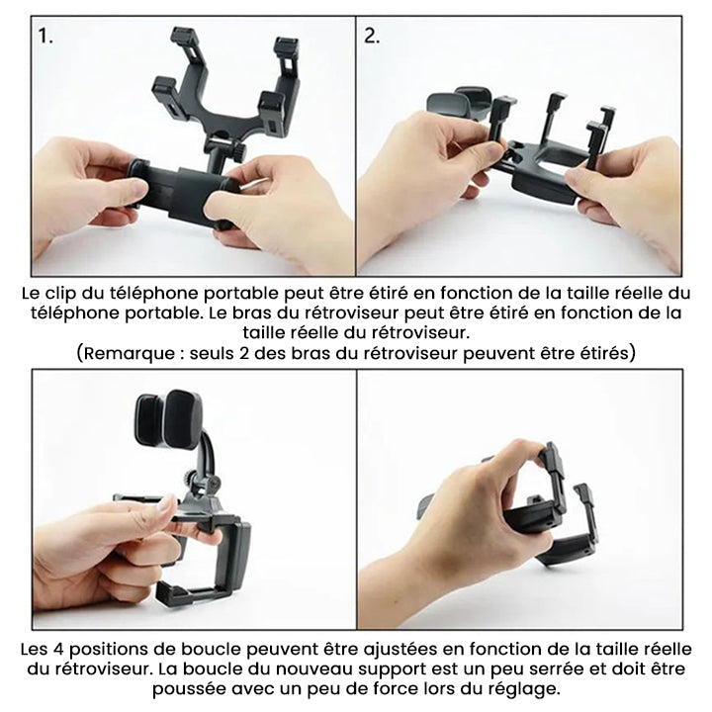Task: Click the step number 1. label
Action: (x=45, y=37)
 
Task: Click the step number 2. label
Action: (x=372, y=37)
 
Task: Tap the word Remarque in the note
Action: (x=129, y=353)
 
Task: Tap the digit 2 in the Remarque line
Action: (x=242, y=353)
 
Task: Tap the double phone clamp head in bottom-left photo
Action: (x=168, y=418)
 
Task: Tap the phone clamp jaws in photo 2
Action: (x=460, y=102)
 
